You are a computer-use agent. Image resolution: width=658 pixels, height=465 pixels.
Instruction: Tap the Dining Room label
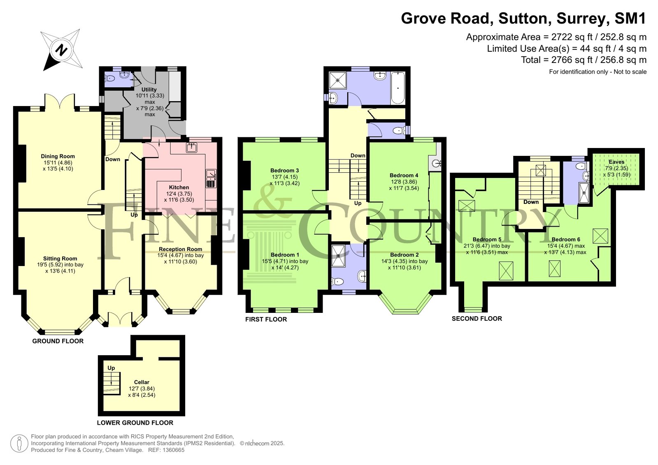point(58,156)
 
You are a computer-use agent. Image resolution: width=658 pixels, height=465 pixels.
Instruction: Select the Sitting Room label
point(60,258)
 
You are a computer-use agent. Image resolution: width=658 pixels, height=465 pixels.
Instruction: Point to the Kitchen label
point(179,187)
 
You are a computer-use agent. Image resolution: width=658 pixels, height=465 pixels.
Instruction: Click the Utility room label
point(149,89)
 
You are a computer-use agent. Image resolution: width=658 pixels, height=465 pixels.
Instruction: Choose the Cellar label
point(142,382)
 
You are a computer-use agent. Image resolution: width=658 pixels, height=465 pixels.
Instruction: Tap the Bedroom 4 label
point(404,175)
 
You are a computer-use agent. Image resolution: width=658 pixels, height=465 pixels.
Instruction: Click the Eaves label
point(616,162)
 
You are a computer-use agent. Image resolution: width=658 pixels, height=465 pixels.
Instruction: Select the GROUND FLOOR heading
point(58,341)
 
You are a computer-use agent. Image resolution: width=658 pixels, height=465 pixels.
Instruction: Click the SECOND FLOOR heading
point(477,319)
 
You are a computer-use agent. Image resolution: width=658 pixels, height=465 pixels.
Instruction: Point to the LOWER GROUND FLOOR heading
point(135,423)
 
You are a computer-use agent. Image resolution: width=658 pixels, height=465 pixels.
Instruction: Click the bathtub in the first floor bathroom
point(398,88)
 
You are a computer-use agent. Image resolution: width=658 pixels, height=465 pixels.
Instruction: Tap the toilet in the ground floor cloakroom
point(110,79)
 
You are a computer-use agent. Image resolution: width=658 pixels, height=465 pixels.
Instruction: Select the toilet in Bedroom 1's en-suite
point(337,282)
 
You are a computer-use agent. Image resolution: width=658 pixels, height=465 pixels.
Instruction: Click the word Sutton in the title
point(523,18)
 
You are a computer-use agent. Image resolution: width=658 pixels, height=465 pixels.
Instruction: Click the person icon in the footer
point(19,444)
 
